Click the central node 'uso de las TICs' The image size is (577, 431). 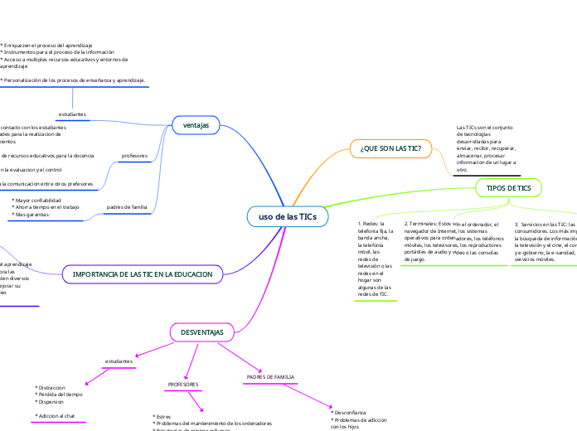[288, 216]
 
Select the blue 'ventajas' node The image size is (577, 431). [196, 125]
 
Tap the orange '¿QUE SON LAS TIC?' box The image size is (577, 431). [391, 148]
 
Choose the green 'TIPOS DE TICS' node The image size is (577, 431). [509, 189]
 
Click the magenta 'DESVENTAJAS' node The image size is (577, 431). [202, 332]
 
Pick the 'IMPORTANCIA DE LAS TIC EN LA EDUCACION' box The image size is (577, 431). [143, 274]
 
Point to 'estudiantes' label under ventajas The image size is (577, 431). [73, 113]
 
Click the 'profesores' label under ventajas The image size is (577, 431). [134, 155]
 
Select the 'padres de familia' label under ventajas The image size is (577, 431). [127, 206]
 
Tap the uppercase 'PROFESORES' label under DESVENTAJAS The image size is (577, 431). [183, 385]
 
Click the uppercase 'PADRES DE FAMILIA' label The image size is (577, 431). [271, 377]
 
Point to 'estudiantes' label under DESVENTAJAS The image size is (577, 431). [119, 361]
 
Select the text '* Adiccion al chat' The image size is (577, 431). [55, 415]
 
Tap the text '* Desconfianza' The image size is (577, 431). [350, 412]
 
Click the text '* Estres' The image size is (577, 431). [163, 416]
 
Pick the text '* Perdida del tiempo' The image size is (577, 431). [59, 395]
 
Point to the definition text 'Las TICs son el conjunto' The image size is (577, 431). [484, 127]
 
